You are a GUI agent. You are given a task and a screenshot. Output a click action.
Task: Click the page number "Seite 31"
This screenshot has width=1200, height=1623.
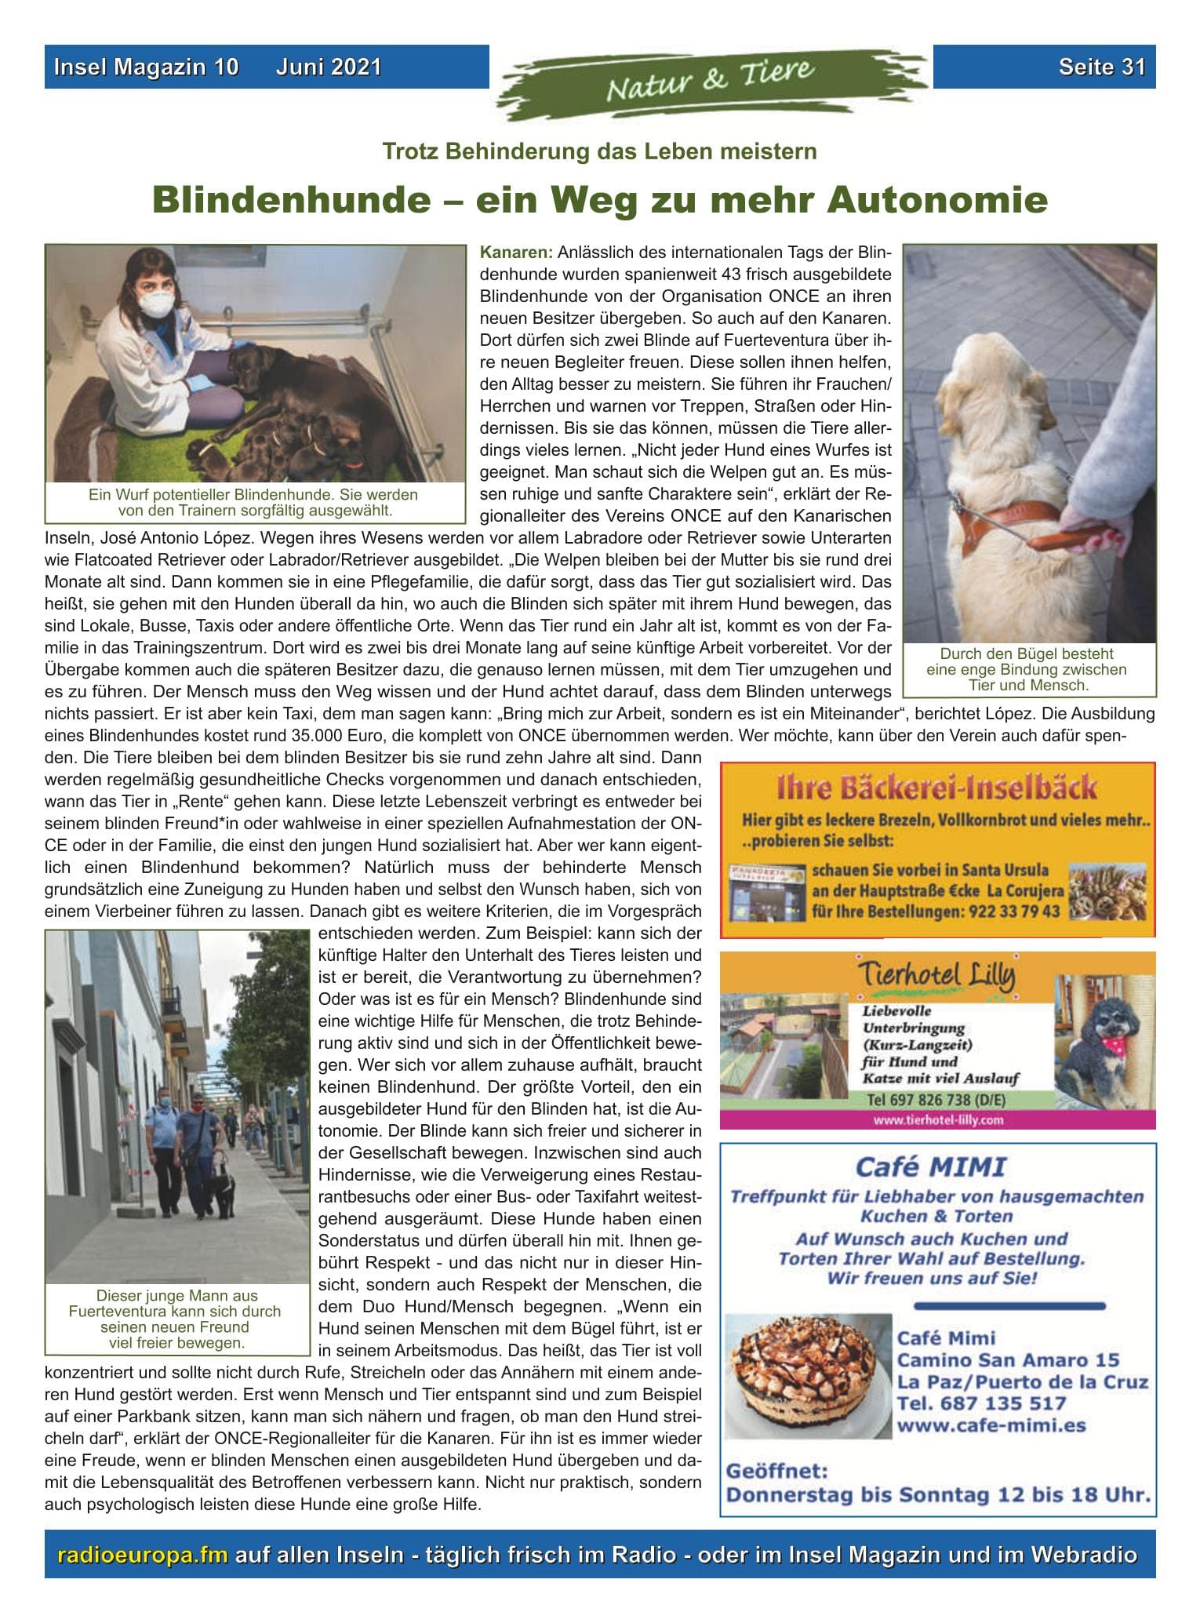click(x=1101, y=67)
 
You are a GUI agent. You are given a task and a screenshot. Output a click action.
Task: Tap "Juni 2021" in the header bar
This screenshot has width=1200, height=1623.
click(x=328, y=67)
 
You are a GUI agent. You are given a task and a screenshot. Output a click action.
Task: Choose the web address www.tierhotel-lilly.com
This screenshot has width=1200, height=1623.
click(x=938, y=1120)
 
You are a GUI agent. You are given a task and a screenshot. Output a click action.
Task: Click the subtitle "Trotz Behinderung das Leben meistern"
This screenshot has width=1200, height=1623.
click(x=599, y=151)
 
